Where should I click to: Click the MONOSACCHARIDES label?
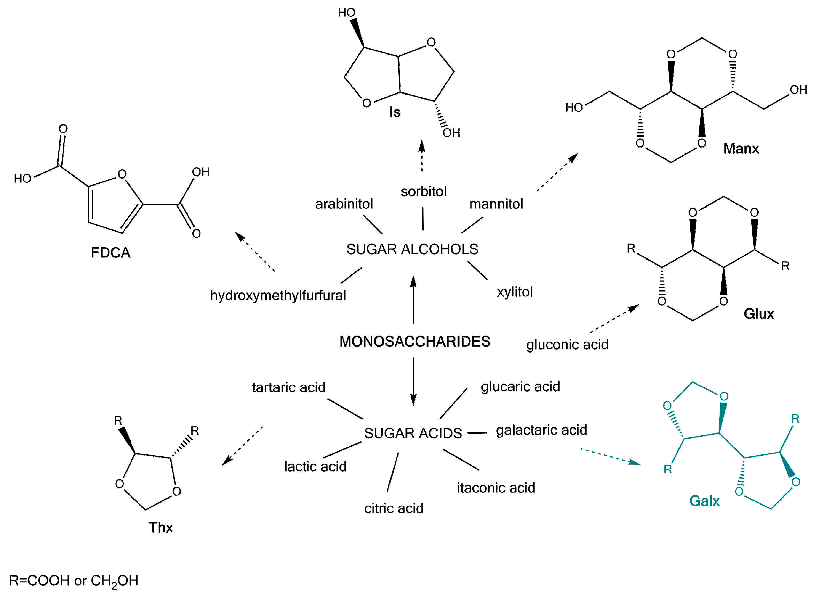click(x=415, y=341)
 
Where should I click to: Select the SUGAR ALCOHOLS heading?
click(x=412, y=249)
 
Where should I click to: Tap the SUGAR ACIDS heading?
click(x=413, y=433)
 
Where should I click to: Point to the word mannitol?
click(x=496, y=204)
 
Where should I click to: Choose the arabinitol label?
click(x=344, y=204)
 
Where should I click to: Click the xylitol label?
click(x=515, y=292)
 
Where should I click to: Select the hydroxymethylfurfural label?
click(x=278, y=295)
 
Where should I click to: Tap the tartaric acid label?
click(x=288, y=387)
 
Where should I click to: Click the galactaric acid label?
click(x=541, y=430)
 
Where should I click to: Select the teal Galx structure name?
click(x=704, y=501)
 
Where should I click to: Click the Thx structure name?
click(x=161, y=528)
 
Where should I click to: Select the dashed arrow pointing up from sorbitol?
click(x=421, y=156)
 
